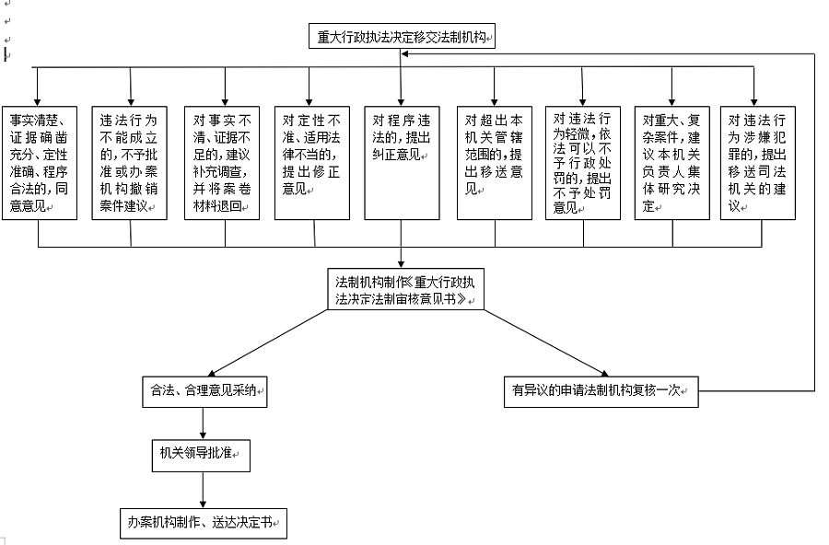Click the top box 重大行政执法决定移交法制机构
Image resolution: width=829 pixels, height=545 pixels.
pos(402,36)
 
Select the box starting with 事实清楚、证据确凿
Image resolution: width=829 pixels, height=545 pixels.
pos(40,163)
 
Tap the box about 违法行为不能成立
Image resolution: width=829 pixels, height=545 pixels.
pos(130,163)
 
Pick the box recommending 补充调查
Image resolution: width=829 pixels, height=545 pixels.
pos(222,163)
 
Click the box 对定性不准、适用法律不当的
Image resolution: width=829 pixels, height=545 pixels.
pos(312,163)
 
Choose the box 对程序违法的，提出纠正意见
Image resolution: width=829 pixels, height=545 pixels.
pos(402,163)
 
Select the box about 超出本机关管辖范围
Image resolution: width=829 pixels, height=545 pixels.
pos(495,163)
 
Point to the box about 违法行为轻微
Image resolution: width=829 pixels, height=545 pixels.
pos(583,163)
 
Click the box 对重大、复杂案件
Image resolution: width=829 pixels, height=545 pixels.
pos(672,163)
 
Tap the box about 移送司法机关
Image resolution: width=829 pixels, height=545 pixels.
pos(758,163)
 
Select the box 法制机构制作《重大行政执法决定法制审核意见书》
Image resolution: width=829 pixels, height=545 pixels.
pos(405,289)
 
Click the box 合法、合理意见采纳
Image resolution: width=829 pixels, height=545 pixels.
pos(204,391)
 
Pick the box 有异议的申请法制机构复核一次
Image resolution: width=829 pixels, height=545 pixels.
pos(601,391)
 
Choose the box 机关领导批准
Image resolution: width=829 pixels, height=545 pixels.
pos(201,456)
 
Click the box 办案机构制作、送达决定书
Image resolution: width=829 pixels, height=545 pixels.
pos(204,524)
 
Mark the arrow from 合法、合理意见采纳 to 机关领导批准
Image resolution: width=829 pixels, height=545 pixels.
pos(203,423)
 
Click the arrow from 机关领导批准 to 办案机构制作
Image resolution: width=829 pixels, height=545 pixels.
pos(203,490)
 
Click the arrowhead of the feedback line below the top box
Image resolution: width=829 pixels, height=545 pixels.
pos(404,53)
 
